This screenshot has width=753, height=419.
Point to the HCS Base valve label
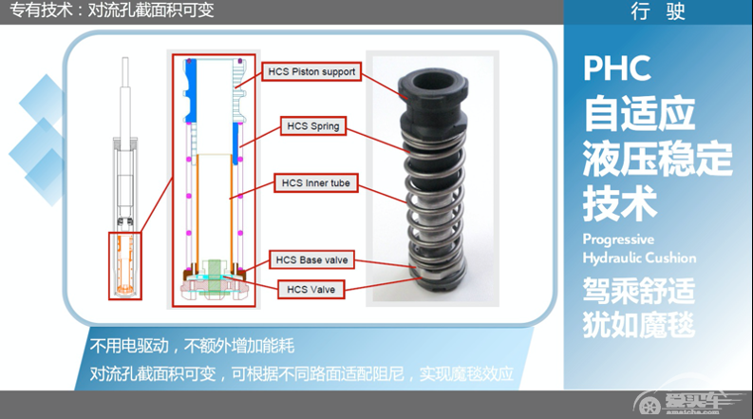tap(311, 259)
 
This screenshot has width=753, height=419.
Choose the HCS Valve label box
tap(311, 288)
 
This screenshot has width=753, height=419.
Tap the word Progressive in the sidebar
tap(618, 239)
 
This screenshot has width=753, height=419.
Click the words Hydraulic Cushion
tap(639, 257)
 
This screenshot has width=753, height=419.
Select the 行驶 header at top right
tap(657, 12)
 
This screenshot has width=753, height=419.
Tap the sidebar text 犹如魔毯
tap(638, 324)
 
